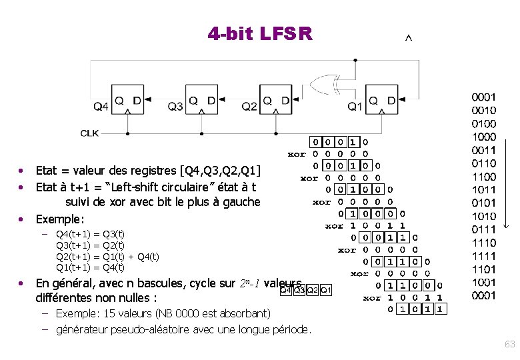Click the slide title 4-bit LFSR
pos(259,33)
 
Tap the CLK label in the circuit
pos(90,133)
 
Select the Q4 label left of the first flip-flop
pos(101,106)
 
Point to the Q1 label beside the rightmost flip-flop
pos(355,106)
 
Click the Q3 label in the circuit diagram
pos(175,106)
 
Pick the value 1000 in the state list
pos(483,137)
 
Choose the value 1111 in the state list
pos(483,256)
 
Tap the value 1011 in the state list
pos(483,190)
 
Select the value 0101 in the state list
pos(483,203)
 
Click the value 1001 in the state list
pos(483,283)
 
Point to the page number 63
pos(510,345)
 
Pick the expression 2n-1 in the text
pos(249,283)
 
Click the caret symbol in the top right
pos(409,39)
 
